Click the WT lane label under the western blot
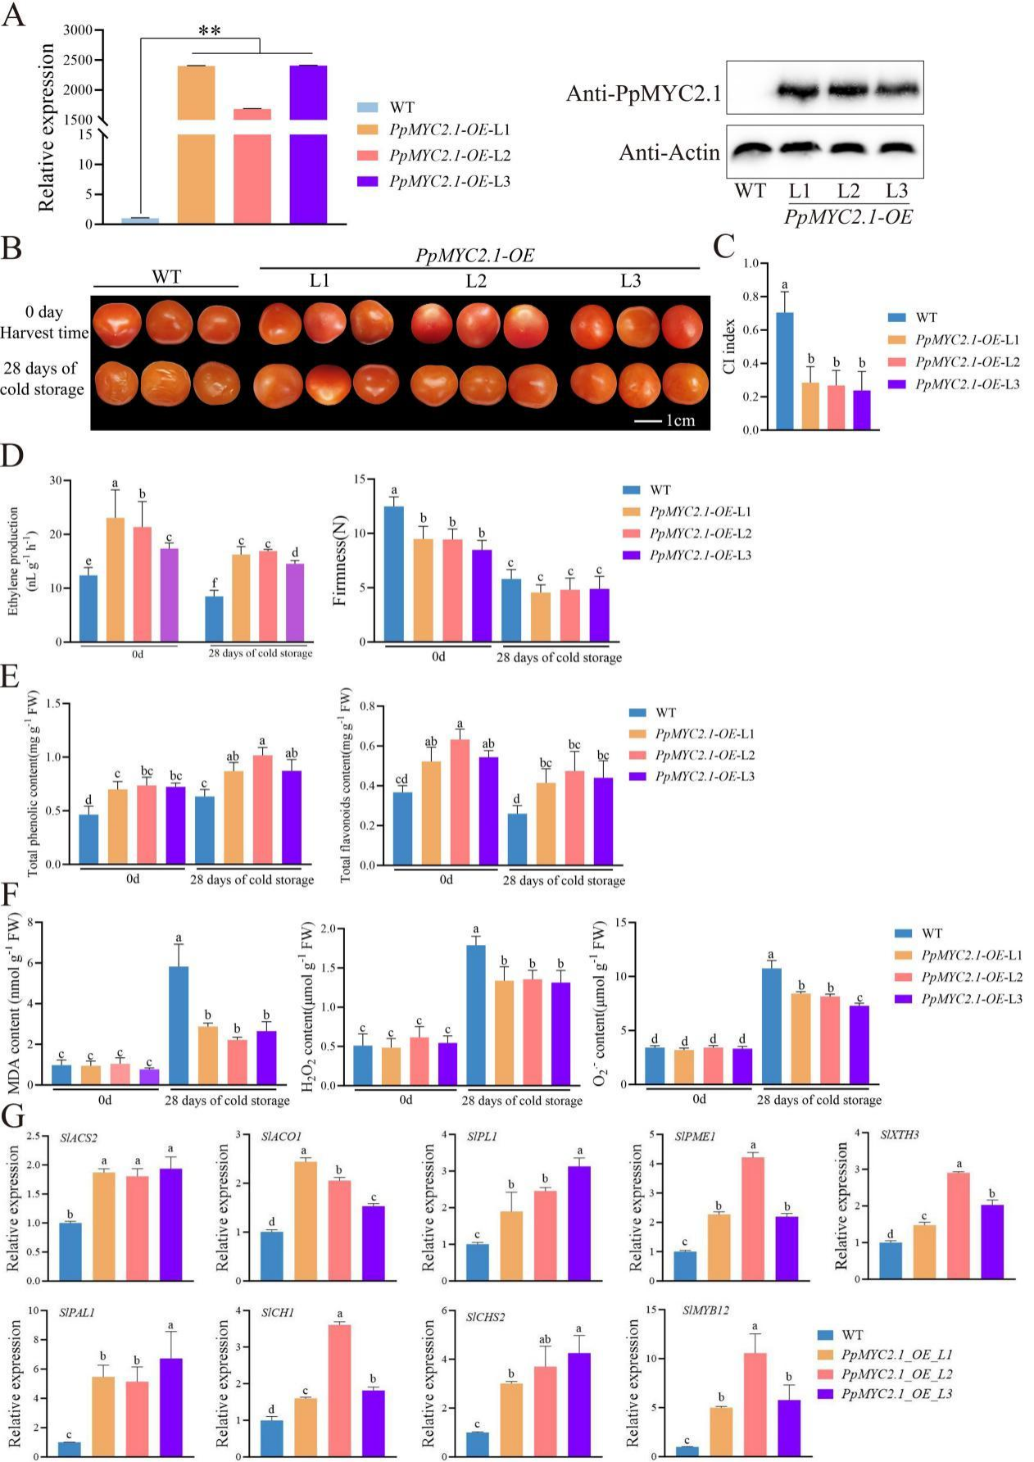click(750, 192)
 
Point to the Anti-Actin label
click(669, 152)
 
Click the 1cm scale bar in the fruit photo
click(665, 420)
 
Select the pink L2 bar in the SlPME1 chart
click(752, 1214)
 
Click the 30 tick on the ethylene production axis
click(55, 480)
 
